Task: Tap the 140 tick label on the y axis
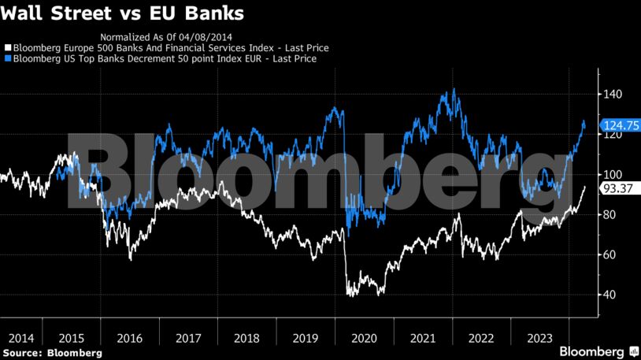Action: pyautogui.click(x=613, y=95)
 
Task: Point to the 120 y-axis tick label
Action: pyautogui.click(x=613, y=135)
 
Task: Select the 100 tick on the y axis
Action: pyautogui.click(x=613, y=175)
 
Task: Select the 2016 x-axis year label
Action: pyautogui.click(x=129, y=337)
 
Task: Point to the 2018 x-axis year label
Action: pyautogui.click(x=246, y=337)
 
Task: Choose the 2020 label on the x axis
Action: pyautogui.click(x=363, y=337)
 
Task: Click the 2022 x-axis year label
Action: pyautogui.click(x=480, y=337)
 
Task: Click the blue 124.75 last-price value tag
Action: pyautogui.click(x=619, y=125)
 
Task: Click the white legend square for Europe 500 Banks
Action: pyautogui.click(x=8, y=48)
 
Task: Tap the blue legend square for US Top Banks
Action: pyautogui.click(x=8, y=58)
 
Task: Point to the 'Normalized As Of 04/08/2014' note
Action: pyautogui.click(x=166, y=37)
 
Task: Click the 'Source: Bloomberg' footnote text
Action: pyautogui.click(x=51, y=353)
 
